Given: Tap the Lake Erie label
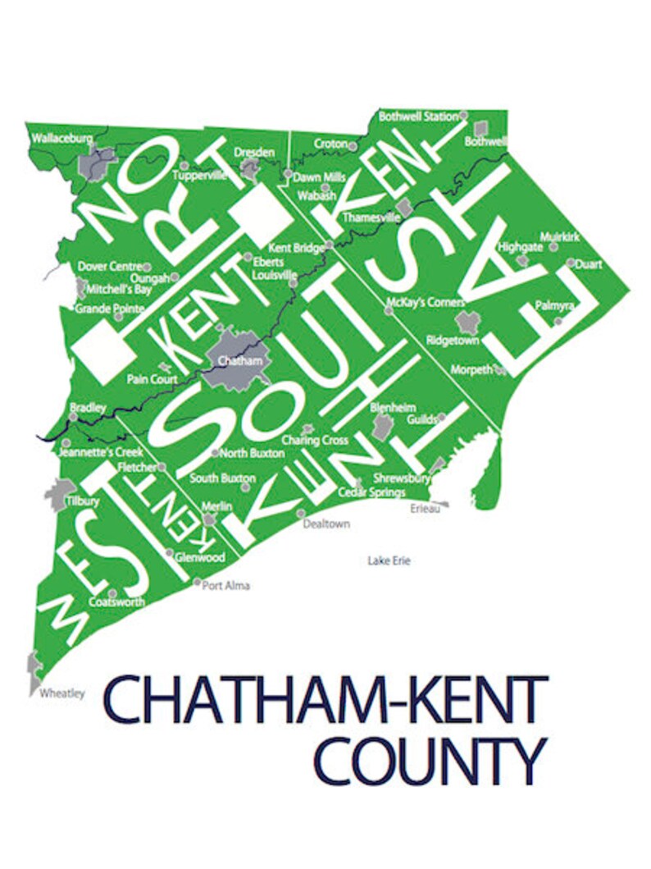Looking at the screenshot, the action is (x=388, y=561).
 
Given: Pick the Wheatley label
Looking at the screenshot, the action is (x=62, y=693).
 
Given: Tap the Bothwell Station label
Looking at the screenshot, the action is (x=418, y=117).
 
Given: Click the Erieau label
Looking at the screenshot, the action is (x=426, y=509).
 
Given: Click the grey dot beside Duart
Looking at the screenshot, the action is (x=571, y=263).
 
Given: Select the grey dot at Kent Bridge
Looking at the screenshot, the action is (x=329, y=245).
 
